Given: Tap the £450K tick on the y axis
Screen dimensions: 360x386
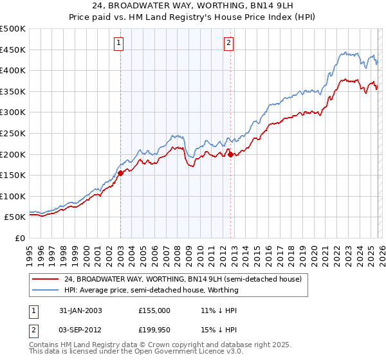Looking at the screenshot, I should pos(13,50).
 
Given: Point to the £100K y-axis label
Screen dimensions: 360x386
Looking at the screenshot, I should pos(13,196).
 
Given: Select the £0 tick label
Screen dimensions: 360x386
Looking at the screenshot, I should pos(19,238).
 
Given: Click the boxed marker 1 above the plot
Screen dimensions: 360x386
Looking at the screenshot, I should pos(120,43).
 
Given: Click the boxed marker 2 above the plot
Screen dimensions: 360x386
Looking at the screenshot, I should pos(229,43).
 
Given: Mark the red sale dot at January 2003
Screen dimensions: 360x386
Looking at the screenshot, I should pos(121,172).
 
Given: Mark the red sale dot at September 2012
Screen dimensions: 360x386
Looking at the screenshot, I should pos(230,153).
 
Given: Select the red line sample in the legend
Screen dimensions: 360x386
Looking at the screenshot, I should pos(46,279).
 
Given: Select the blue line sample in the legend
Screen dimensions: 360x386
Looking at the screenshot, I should pos(46,290).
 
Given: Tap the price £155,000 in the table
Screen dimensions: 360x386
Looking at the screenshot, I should pos(154,310).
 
